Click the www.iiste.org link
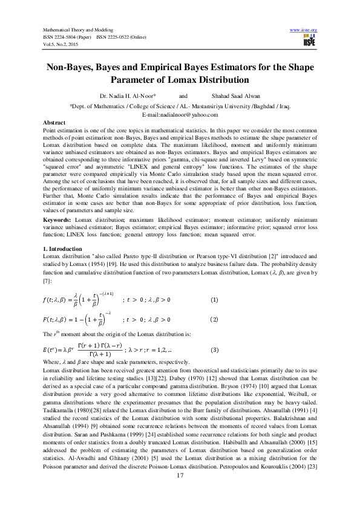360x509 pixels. click(304, 30)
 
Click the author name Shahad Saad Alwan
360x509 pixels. click(236, 96)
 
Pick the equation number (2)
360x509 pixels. click(214, 319)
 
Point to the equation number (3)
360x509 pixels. click(214, 350)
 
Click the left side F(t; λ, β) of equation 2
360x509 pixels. click(59, 319)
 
